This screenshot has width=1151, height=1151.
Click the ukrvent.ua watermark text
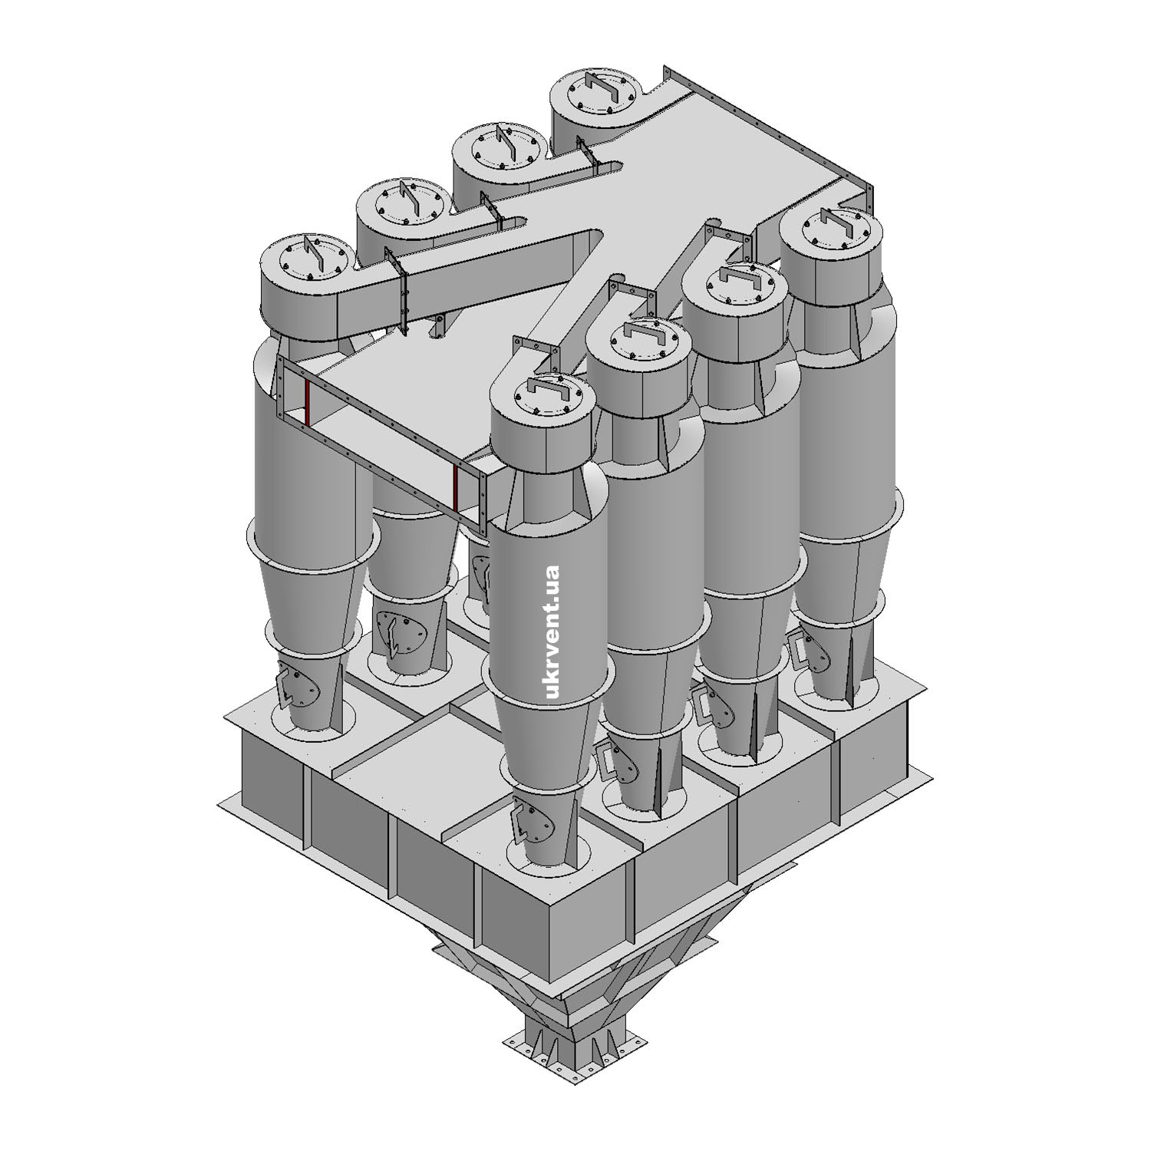click(550, 631)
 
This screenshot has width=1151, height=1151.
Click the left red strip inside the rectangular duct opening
click(307, 402)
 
